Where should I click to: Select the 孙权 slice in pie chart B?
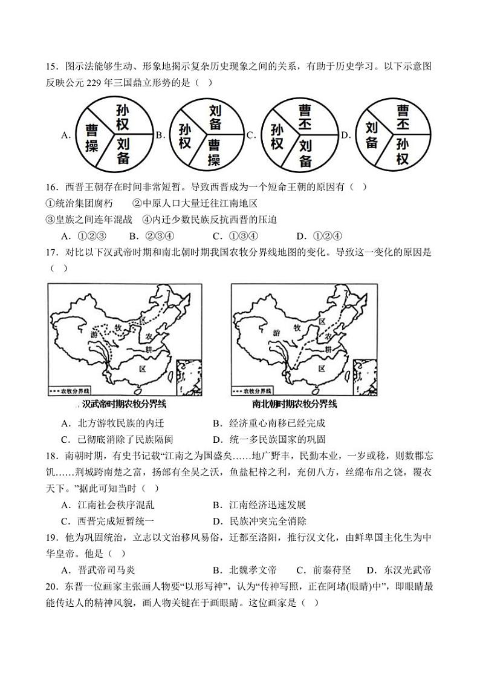(185, 136)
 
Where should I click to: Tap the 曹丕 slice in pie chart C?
(305, 116)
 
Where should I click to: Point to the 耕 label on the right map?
(330, 350)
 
